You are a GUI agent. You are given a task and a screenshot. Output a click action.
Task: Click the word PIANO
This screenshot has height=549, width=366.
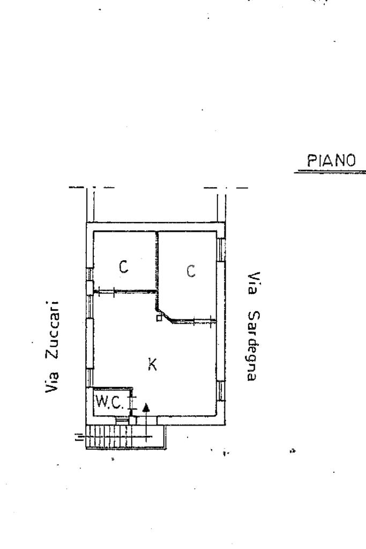point(331,160)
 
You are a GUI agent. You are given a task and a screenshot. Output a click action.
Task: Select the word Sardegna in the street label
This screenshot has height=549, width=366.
point(253,346)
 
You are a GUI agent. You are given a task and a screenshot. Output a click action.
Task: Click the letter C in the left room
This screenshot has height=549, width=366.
point(123,267)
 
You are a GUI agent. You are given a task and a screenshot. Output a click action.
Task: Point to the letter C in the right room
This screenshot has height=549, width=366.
point(191,270)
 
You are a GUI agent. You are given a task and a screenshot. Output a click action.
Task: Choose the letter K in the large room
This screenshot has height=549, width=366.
point(152,364)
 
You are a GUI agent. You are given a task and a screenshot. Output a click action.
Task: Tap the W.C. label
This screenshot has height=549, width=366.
point(109,402)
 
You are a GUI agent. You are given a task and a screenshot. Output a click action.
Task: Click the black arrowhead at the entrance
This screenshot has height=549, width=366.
point(146,407)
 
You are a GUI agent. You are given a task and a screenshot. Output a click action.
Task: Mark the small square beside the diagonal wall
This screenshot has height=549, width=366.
point(159,318)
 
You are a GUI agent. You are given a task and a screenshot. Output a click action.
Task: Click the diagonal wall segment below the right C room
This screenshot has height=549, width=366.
point(165,316)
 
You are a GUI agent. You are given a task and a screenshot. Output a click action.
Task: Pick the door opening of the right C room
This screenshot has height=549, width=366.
point(203,320)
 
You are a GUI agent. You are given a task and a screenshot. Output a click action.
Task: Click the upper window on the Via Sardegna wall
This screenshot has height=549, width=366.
point(221,250)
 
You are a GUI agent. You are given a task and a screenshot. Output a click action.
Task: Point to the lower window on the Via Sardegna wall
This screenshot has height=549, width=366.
point(221,391)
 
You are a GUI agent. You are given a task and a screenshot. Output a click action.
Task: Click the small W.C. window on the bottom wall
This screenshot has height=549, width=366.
point(122,421)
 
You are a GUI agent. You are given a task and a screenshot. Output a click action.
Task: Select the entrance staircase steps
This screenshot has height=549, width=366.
point(126,437)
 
